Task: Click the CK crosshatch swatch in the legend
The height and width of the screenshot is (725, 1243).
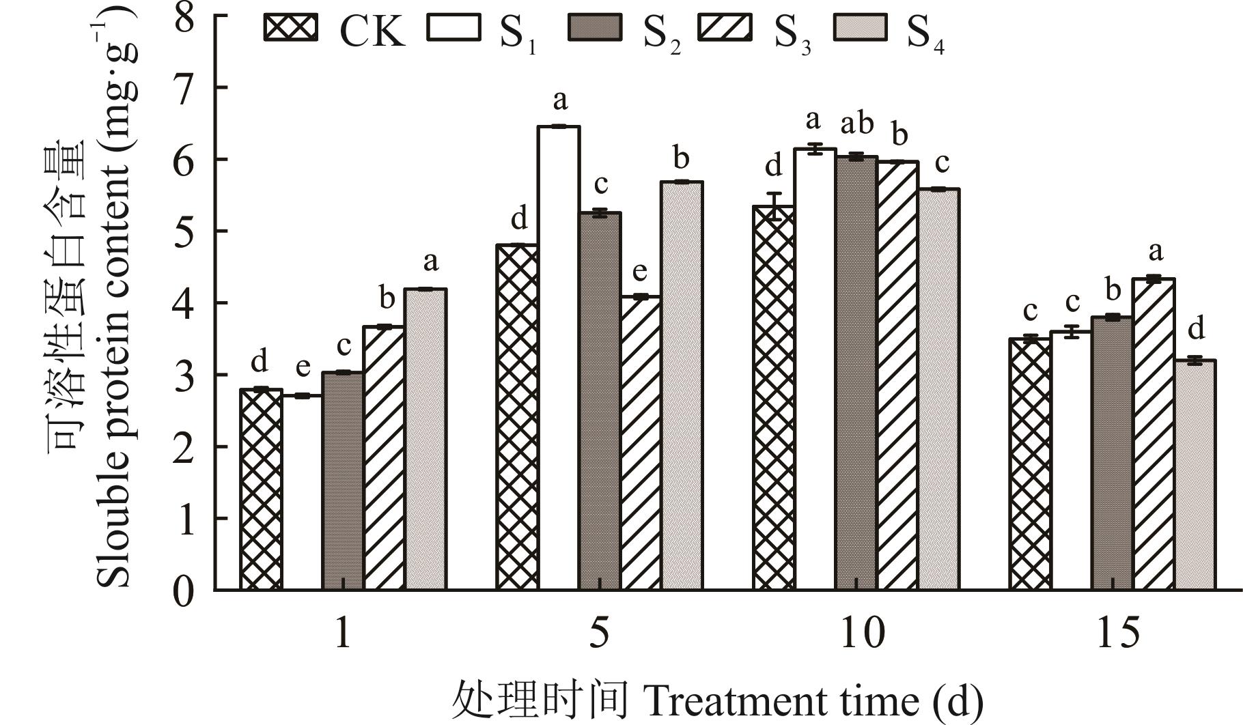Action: point(290,28)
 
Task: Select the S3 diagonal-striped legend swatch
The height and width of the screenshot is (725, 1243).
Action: point(724,28)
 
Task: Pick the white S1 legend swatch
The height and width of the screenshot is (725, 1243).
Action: point(453,28)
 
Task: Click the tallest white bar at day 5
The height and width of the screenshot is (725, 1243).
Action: point(559,355)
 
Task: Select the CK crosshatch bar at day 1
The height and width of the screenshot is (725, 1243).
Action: point(261,488)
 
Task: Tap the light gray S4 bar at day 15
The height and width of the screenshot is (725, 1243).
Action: point(1195,474)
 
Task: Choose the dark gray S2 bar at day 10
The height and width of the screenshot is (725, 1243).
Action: point(856,372)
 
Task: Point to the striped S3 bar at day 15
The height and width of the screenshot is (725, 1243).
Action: point(1154,433)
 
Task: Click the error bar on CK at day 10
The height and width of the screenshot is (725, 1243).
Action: point(774,206)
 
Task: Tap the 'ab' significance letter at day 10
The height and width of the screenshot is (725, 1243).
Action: point(856,124)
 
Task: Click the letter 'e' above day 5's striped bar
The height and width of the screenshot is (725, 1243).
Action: point(640,272)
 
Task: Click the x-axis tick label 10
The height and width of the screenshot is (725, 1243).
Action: point(861,634)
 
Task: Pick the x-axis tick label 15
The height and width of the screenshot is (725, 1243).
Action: point(1118,634)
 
